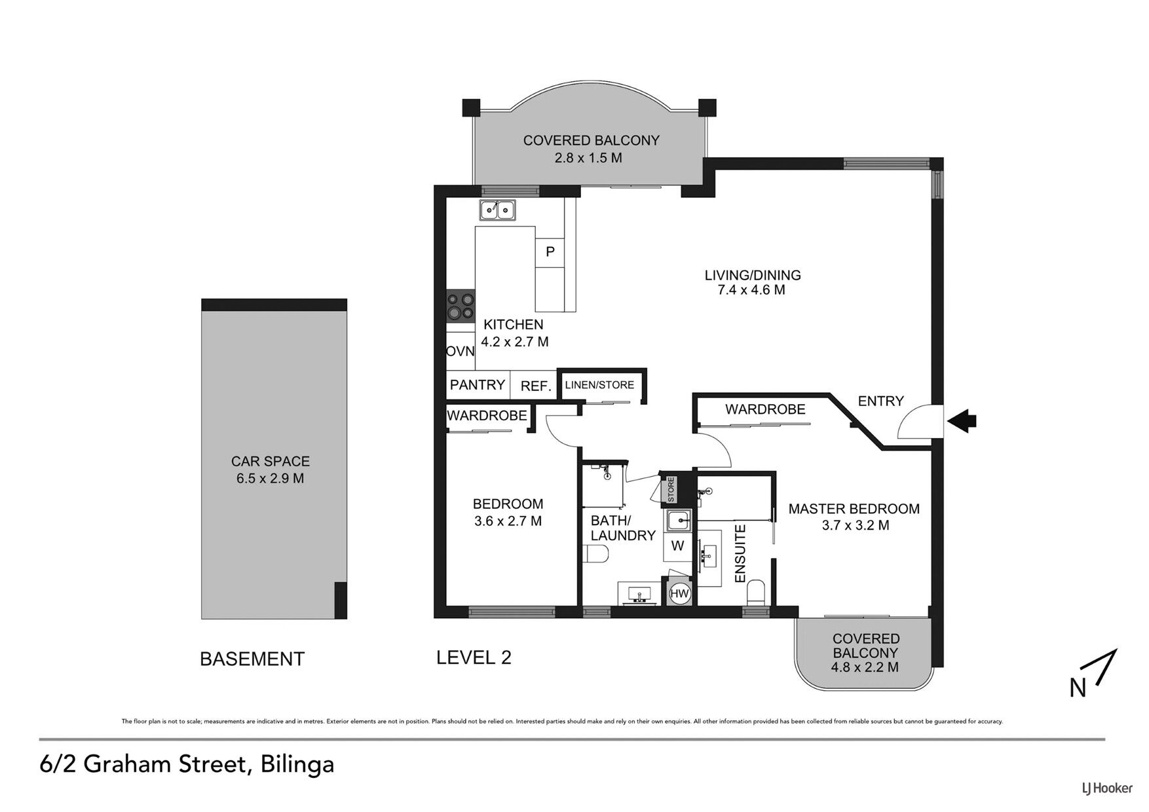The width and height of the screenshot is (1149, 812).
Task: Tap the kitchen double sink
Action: (497, 210)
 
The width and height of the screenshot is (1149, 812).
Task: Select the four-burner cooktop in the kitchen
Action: (461, 306)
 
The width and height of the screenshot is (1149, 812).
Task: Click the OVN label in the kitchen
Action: (461, 351)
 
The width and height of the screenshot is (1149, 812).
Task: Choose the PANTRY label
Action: (478, 385)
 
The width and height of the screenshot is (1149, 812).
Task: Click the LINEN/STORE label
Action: (599, 385)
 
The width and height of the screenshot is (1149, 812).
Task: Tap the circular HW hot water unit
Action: (680, 593)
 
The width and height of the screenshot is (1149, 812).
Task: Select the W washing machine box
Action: (677, 545)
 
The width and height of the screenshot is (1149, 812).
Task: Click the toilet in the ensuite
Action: (757, 593)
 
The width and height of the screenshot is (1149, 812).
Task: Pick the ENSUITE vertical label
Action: (741, 553)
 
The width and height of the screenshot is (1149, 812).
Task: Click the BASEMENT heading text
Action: (252, 659)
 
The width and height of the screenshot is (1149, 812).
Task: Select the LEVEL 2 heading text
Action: (474, 657)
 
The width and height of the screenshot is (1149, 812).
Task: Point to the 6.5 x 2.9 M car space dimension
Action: (271, 478)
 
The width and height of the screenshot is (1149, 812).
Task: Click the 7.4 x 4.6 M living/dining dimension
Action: (751, 289)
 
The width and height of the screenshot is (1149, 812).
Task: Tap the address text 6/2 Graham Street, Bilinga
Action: (187, 764)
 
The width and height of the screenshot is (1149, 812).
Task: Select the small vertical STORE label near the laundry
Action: (671, 490)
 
